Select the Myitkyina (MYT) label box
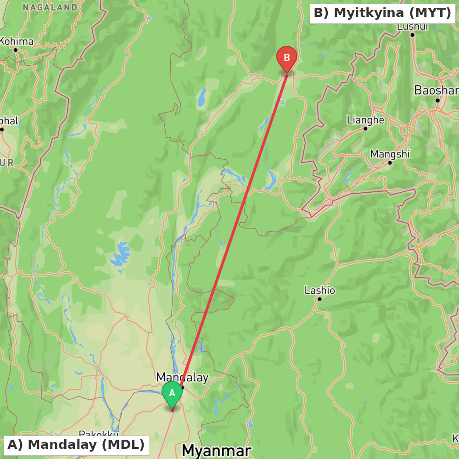[382, 13]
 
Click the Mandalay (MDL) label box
[76, 445]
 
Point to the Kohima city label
[17, 41]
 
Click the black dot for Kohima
[15, 50]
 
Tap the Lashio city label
[319, 290]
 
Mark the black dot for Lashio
[319, 299]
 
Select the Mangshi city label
[390, 154]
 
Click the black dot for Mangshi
[390, 162]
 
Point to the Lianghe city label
[365, 120]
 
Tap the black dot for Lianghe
[365, 129]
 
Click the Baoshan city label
[436, 90]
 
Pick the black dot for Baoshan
[437, 100]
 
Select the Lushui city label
[412, 27]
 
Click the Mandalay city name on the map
[182, 377]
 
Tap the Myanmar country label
[217, 450]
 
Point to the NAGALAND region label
[50, 7]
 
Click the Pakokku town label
[99, 433]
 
